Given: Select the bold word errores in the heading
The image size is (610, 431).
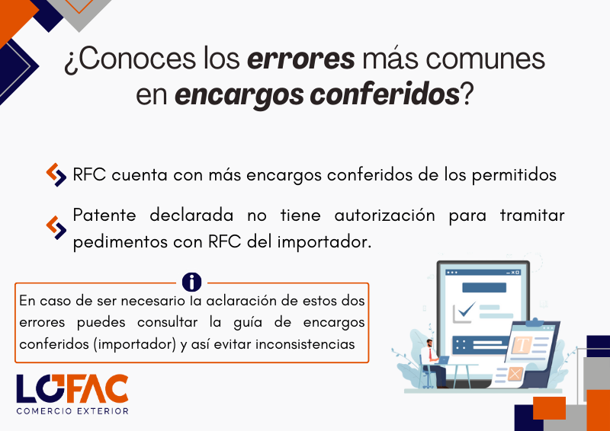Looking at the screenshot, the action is point(300,59).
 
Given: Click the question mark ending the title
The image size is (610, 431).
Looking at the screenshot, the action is point(466,94).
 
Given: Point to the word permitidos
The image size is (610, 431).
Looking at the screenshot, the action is point(514,175).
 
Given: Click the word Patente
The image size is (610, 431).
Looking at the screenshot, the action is point(104,215).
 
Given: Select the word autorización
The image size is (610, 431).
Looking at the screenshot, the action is point(384,215).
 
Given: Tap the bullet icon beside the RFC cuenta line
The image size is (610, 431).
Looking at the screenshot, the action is point(56,175).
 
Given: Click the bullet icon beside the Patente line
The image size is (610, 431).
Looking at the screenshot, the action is point(56,228).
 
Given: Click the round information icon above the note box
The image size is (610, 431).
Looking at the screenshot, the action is point(191,282).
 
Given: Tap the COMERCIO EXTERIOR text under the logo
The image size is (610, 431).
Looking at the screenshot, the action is point(72,410).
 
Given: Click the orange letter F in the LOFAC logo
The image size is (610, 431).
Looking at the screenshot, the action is point(78,388).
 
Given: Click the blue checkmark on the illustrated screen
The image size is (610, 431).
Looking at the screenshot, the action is point(467,309).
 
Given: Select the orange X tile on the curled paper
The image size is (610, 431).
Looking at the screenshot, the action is point(515,374).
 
